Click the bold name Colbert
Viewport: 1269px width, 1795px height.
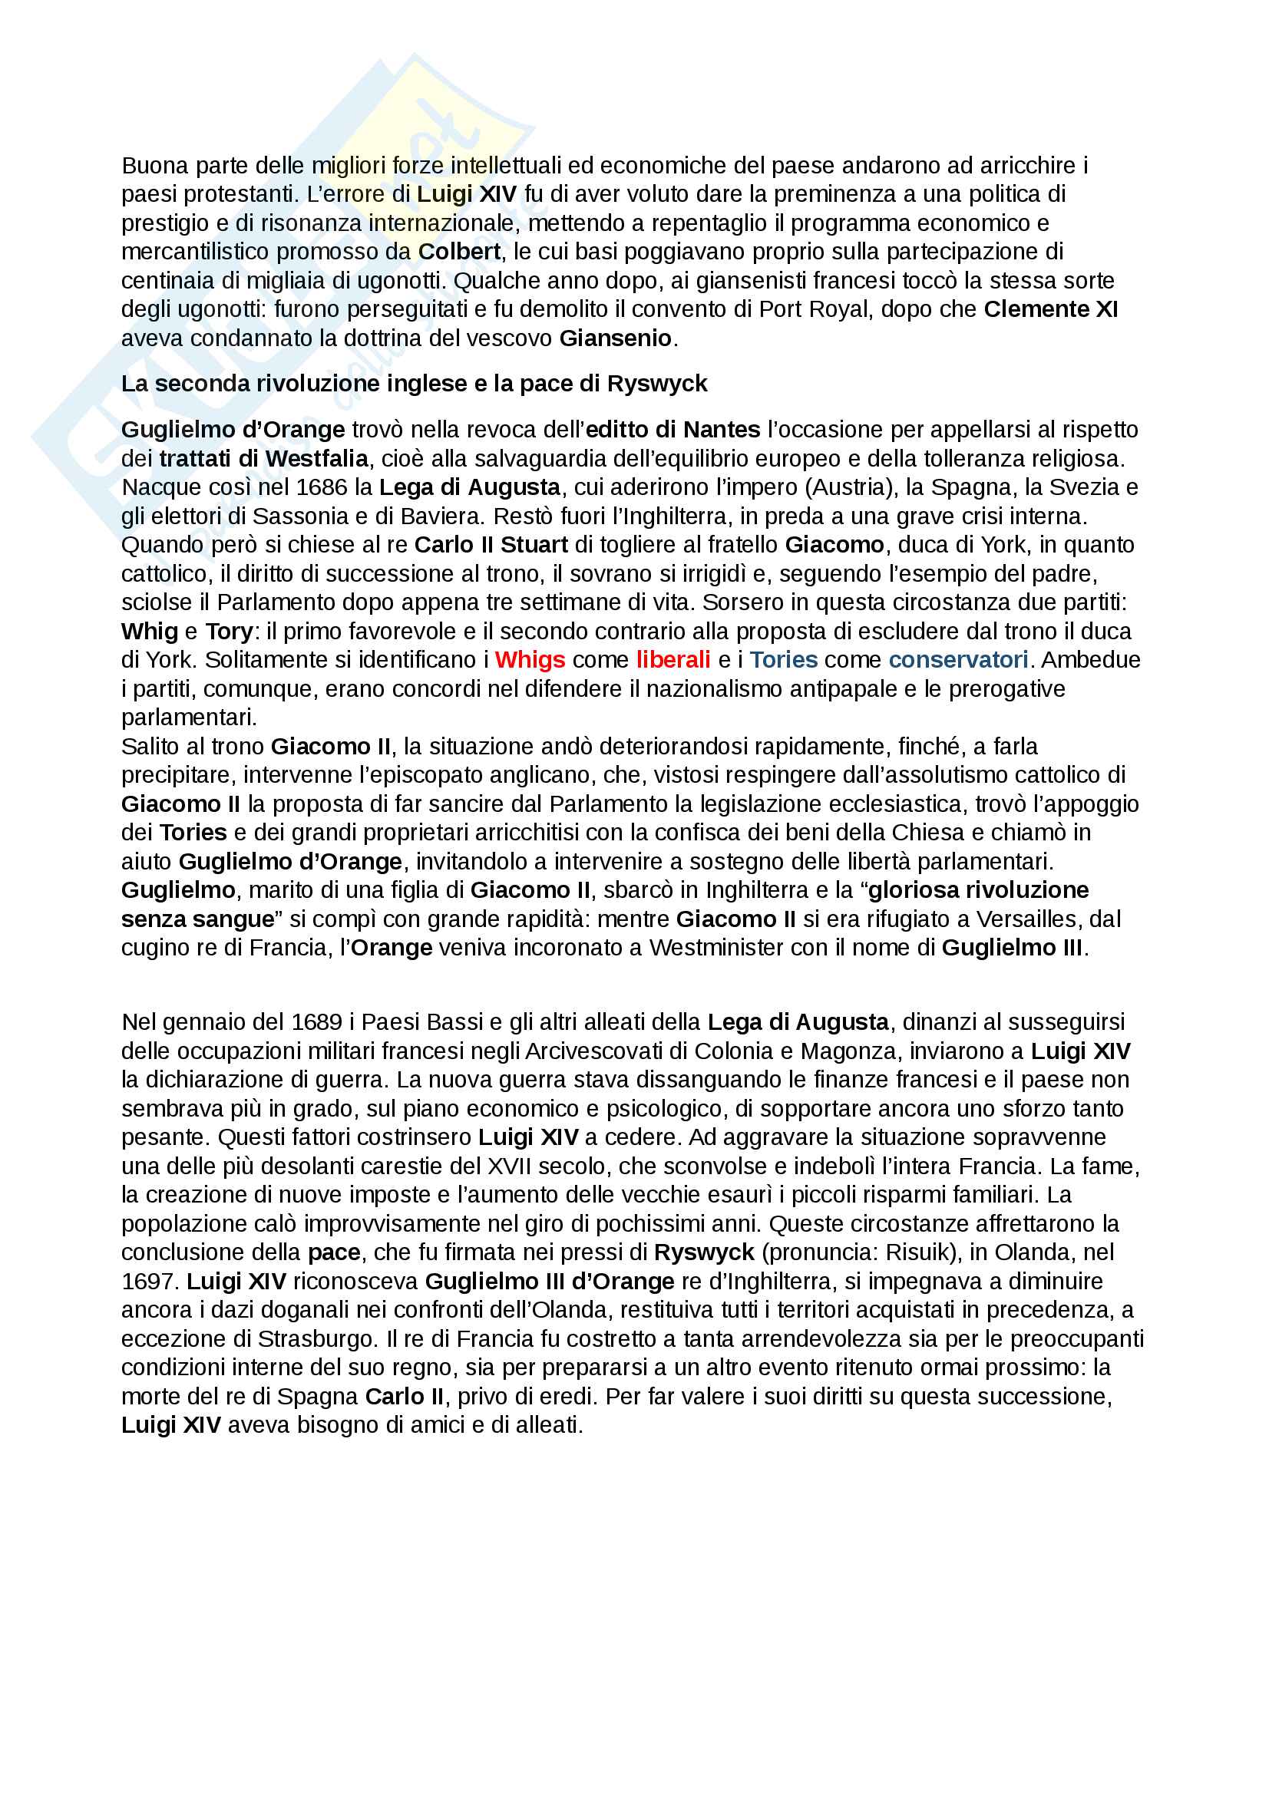pyautogui.click(x=459, y=252)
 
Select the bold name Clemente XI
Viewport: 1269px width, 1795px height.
pyautogui.click(x=1050, y=309)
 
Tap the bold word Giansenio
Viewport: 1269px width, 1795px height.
pyautogui.click(x=615, y=338)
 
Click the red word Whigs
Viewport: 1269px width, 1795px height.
pyautogui.click(x=530, y=660)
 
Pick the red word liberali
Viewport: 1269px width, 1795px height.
pyautogui.click(x=673, y=660)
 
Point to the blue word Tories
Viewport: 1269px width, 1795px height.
pyautogui.click(x=784, y=660)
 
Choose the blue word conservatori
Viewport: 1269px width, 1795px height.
pyautogui.click(x=958, y=660)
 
